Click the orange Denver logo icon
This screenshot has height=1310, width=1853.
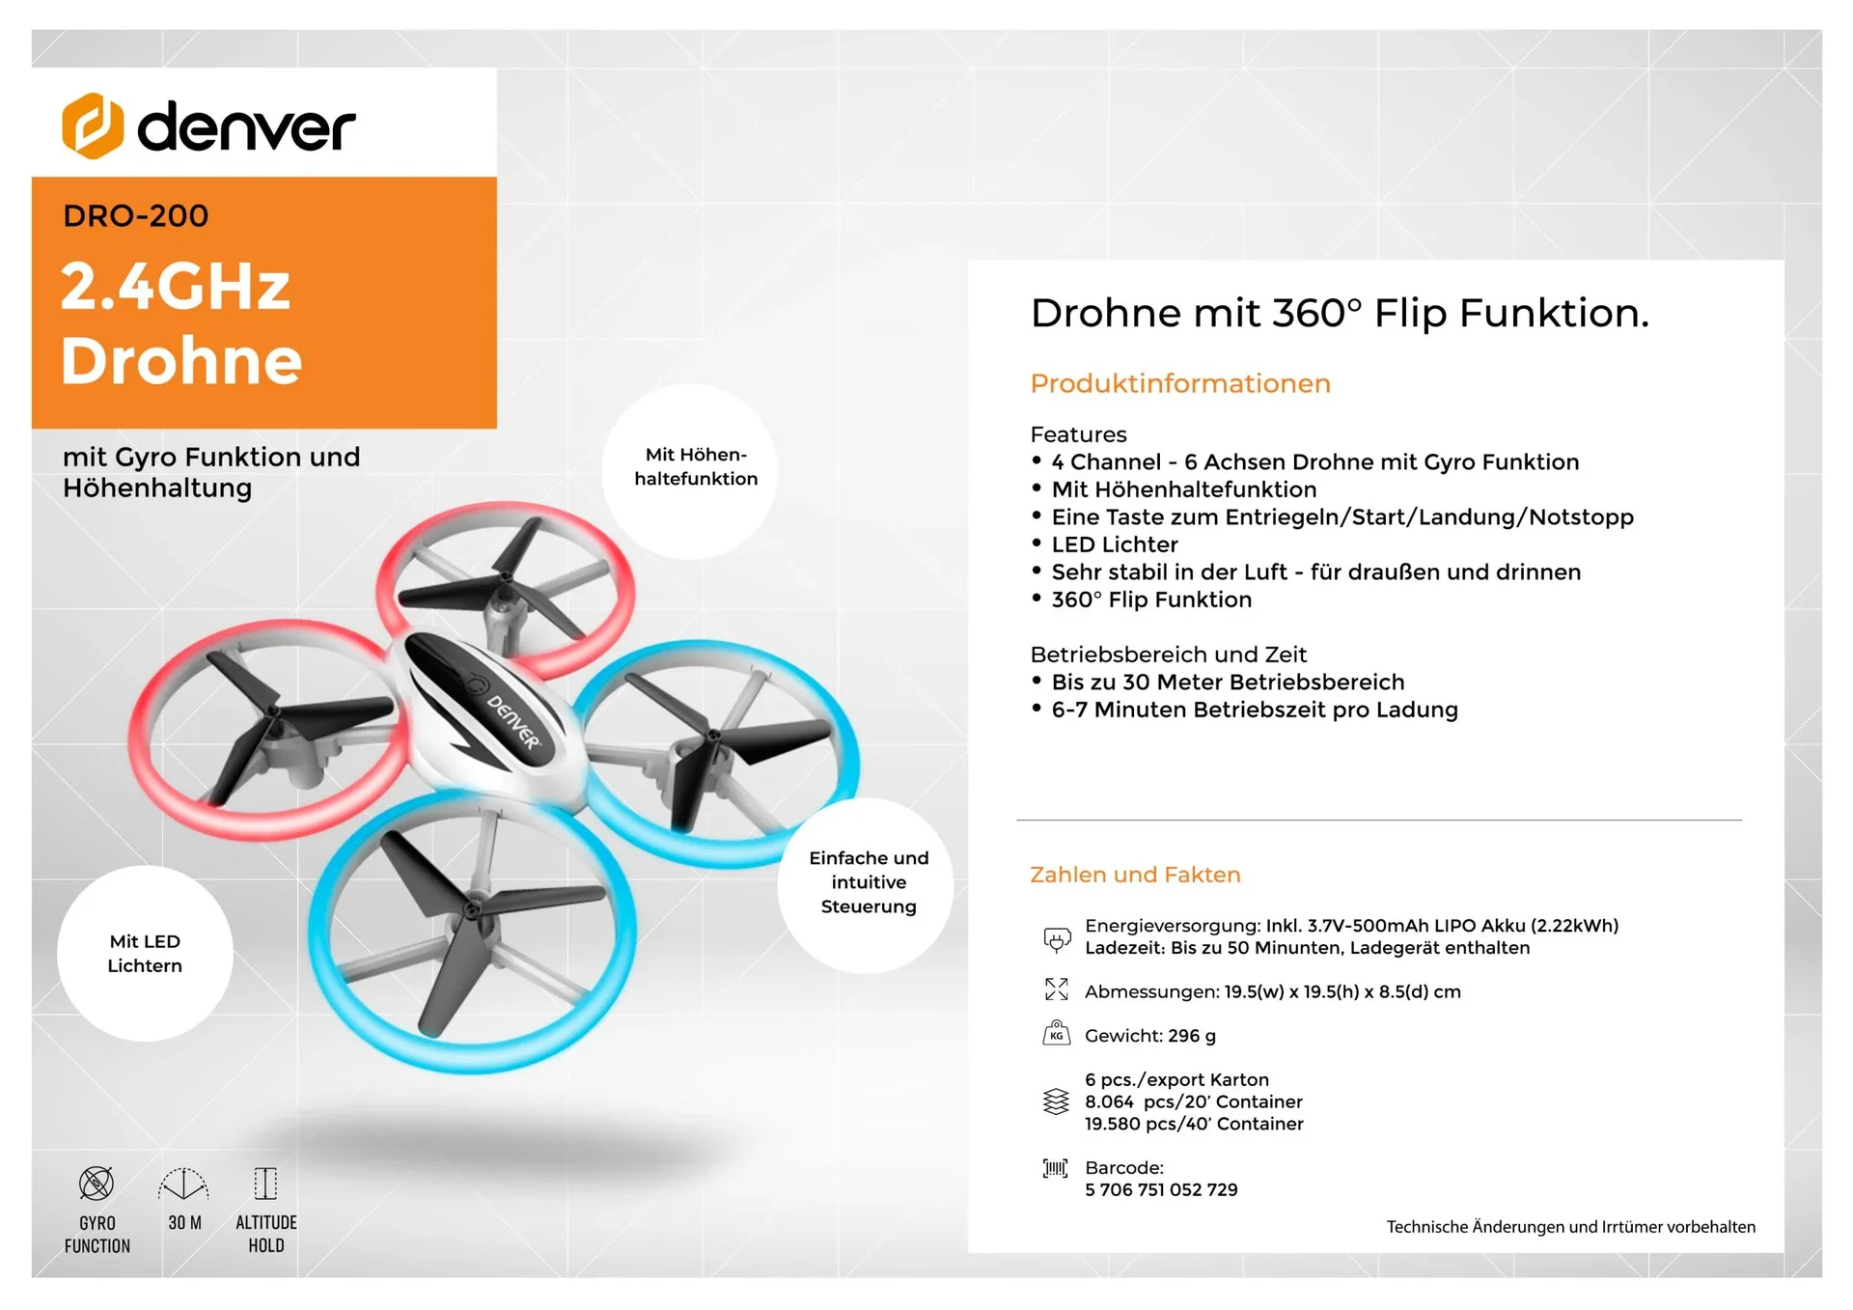93,126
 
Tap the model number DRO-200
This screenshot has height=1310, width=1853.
136,216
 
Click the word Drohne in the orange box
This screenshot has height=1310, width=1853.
181,361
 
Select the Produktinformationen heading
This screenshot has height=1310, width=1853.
1179,384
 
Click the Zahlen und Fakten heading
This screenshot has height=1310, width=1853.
1135,875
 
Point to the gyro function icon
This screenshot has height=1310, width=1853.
97,1184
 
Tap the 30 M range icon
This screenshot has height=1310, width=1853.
183,1185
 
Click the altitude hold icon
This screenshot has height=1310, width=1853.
265,1184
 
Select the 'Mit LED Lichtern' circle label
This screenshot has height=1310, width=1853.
145,954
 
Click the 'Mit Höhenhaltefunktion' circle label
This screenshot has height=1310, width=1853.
696,467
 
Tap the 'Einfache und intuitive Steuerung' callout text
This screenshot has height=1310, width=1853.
869,882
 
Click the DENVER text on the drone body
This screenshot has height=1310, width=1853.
513,721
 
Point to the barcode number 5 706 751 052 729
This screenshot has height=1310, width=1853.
1161,1190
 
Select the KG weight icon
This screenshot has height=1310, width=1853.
1056,1034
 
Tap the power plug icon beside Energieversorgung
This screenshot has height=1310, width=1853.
1057,938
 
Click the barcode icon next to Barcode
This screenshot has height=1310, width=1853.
1056,1169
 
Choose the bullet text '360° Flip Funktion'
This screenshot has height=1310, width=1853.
1151,599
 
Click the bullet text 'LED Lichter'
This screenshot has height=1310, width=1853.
1115,544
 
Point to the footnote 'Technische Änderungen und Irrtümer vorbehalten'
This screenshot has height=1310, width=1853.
1570,1227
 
